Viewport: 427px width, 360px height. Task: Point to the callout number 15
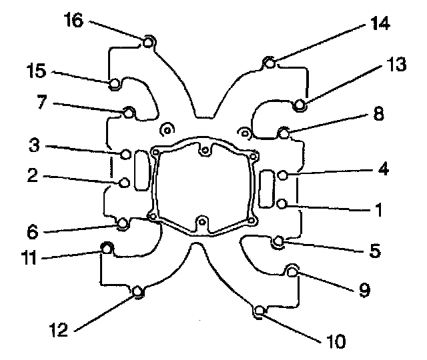tap(37, 69)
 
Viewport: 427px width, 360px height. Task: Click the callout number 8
tap(378, 114)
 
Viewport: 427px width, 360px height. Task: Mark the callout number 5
tap(375, 251)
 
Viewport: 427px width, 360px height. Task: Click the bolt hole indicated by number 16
tap(149, 43)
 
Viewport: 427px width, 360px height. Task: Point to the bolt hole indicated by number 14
tap(269, 63)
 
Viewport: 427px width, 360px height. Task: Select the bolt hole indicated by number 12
tap(137, 291)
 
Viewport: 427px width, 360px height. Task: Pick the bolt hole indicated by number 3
tap(125, 154)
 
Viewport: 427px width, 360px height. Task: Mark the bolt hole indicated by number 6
tap(123, 223)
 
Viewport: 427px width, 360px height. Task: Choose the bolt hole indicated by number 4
tap(283, 175)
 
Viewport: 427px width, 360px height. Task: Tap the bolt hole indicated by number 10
tap(260, 310)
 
